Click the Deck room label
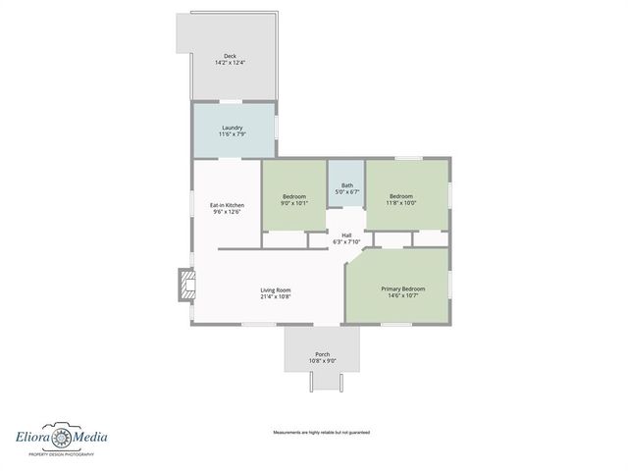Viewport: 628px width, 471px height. [230, 56]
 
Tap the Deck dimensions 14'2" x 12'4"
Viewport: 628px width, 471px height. [230, 63]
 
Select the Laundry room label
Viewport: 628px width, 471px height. [233, 128]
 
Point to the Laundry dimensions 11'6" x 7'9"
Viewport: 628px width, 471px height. [233, 134]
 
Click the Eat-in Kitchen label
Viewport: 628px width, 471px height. [227, 205]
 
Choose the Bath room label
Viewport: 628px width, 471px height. [347, 185]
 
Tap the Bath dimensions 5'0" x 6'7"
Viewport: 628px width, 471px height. [347, 192]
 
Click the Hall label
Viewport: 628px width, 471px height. [346, 235]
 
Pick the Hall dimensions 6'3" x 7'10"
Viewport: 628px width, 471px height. [346, 242]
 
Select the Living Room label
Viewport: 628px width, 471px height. [276, 289]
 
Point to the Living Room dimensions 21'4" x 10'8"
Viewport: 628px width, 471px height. [276, 296]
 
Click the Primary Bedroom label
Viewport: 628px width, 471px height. [403, 288]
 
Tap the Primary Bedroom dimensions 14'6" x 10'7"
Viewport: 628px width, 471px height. [403, 295]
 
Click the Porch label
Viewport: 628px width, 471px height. [322, 353]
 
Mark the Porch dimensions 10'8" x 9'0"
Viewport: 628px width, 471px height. [322, 360]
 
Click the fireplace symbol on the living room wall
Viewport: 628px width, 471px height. [184, 286]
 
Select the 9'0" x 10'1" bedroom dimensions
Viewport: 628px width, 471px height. [294, 204]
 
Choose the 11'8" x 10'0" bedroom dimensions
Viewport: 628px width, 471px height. [402, 204]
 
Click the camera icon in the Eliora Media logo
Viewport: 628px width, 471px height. [63, 437]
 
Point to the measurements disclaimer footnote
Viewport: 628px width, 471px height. [321, 432]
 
